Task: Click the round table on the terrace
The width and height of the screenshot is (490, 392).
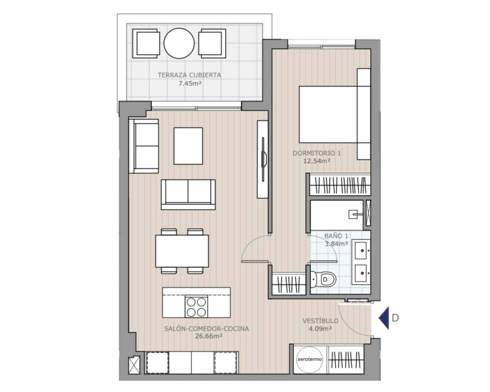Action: coord(179,43)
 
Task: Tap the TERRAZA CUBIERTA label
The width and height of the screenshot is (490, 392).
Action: coord(189,75)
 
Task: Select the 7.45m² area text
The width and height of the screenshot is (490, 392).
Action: coord(189,83)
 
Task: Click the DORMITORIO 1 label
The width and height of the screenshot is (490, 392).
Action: coord(317,153)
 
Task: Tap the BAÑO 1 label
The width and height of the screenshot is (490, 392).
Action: coord(336,236)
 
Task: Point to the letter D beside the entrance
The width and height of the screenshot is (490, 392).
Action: coord(395,318)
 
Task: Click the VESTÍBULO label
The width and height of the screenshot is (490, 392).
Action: coord(320,321)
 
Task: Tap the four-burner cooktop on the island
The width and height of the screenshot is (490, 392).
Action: coord(196,306)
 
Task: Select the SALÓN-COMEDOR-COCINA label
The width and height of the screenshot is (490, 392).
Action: coord(206,329)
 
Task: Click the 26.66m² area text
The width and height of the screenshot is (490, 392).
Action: coord(206,336)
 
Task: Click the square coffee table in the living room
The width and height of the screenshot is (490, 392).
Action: coord(188,146)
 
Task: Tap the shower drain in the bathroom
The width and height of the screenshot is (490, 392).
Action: coord(353,215)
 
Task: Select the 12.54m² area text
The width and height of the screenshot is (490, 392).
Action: coord(317,161)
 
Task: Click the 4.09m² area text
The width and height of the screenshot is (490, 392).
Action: coord(320,328)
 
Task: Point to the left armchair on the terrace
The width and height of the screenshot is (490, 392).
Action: coord(146,43)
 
